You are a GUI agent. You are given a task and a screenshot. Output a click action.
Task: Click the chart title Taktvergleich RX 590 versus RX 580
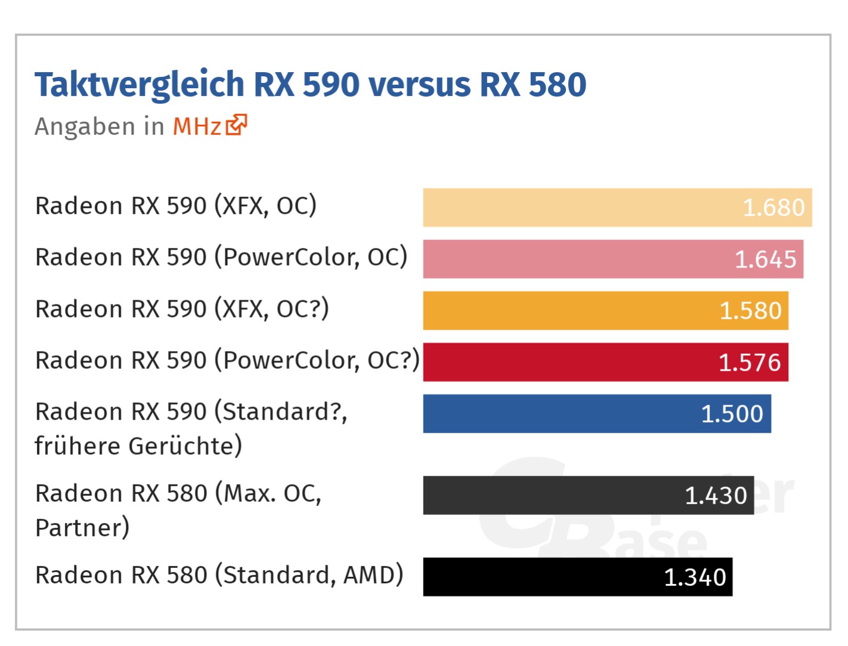click(x=310, y=85)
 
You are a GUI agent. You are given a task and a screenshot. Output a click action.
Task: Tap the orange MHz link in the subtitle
click(x=197, y=126)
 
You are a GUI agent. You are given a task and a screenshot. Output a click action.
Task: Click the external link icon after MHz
click(x=236, y=125)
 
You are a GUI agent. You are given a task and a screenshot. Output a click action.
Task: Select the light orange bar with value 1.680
click(x=617, y=207)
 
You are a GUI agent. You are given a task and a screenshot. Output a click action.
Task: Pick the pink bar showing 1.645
click(x=613, y=259)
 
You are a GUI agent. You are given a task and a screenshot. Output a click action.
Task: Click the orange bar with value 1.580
click(x=605, y=310)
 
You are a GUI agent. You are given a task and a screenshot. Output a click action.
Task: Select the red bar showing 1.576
click(x=605, y=362)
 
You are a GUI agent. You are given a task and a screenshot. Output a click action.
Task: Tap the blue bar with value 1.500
click(x=596, y=414)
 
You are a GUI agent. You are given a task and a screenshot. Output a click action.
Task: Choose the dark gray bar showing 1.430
click(x=588, y=495)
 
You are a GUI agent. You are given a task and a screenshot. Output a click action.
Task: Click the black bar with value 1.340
click(x=577, y=577)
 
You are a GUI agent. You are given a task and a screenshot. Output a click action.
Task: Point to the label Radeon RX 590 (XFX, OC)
click(x=176, y=206)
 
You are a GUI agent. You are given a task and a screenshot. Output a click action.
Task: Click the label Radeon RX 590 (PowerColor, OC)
click(x=221, y=257)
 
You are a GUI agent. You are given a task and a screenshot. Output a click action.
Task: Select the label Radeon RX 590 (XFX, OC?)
click(x=182, y=309)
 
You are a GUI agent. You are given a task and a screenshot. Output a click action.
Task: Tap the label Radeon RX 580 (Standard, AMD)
click(x=219, y=576)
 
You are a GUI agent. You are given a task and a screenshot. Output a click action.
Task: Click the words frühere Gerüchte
click(x=138, y=446)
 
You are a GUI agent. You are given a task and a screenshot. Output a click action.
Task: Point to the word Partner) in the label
click(x=82, y=528)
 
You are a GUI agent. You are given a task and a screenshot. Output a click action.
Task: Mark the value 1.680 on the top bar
click(x=773, y=208)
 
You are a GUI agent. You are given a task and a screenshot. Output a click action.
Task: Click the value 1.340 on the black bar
click(x=695, y=577)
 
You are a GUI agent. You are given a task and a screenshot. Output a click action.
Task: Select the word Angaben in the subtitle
click(x=85, y=127)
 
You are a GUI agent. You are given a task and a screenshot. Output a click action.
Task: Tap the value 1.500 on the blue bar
click(x=732, y=414)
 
